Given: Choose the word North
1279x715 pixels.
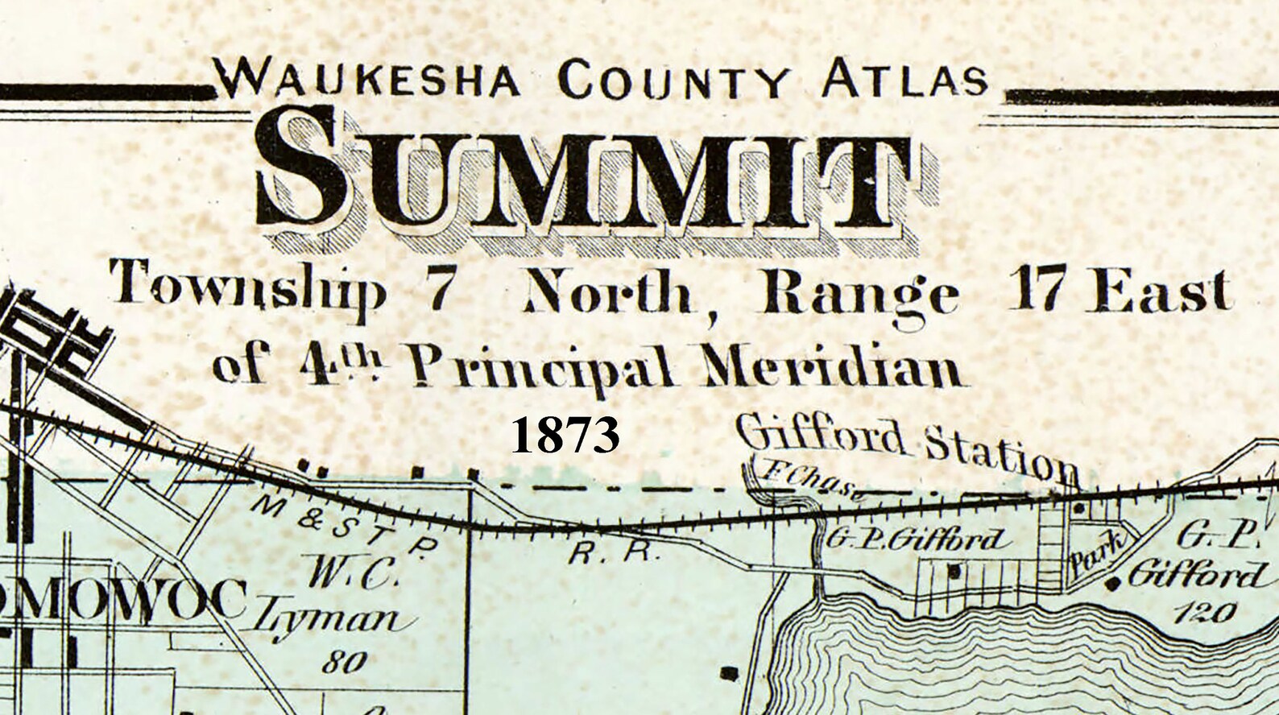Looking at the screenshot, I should pyautogui.click(x=610, y=295).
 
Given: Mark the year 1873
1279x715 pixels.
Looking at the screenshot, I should pyautogui.click(x=565, y=435).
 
